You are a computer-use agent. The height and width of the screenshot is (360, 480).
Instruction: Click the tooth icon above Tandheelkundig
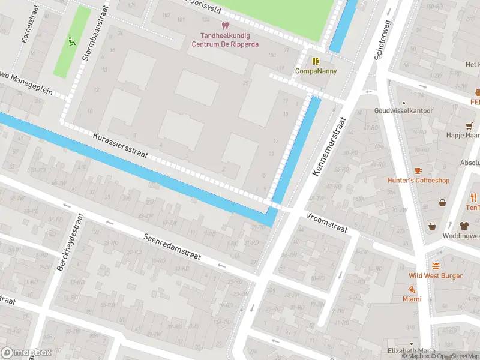[225, 26]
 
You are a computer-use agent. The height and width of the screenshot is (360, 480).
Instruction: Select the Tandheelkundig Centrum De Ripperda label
[226, 40]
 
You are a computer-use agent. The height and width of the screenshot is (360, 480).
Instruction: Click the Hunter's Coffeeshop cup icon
[418, 170]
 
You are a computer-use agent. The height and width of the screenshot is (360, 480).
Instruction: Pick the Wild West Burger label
[436, 275]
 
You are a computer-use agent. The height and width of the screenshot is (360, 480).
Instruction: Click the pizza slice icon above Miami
[412, 289]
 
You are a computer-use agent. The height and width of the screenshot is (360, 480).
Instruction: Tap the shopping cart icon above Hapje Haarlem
[469, 125]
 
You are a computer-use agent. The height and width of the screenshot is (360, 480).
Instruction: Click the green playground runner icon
[71, 42]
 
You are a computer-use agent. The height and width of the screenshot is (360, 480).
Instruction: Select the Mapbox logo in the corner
[26, 353]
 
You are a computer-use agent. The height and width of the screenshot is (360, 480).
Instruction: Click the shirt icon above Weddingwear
[464, 226]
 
